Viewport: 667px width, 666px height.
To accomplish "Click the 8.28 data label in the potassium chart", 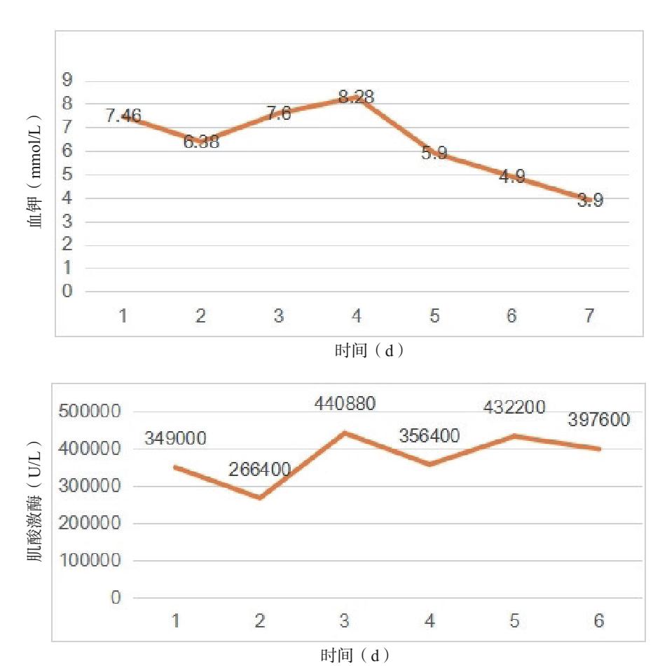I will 356,97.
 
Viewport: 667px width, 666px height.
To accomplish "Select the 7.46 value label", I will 123,116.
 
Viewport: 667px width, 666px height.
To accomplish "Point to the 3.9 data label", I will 590,201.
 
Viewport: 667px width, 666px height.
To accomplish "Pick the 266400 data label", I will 259,470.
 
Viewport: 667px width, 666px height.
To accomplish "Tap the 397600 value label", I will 598,420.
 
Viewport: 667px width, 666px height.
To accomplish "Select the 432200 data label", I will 514,407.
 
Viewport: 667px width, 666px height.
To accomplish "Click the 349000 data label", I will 175,439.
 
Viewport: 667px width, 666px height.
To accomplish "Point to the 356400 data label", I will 429,436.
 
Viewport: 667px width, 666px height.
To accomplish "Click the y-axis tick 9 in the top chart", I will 67,81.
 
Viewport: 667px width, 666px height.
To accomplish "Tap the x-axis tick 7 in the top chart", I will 590,316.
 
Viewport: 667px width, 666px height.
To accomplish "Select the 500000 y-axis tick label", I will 88,412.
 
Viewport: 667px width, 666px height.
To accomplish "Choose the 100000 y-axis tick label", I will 88,561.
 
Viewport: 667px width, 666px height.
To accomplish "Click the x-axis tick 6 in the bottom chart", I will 598,621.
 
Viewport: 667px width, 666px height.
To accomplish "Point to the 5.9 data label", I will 434,154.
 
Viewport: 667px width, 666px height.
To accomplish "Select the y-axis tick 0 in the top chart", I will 67,292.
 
